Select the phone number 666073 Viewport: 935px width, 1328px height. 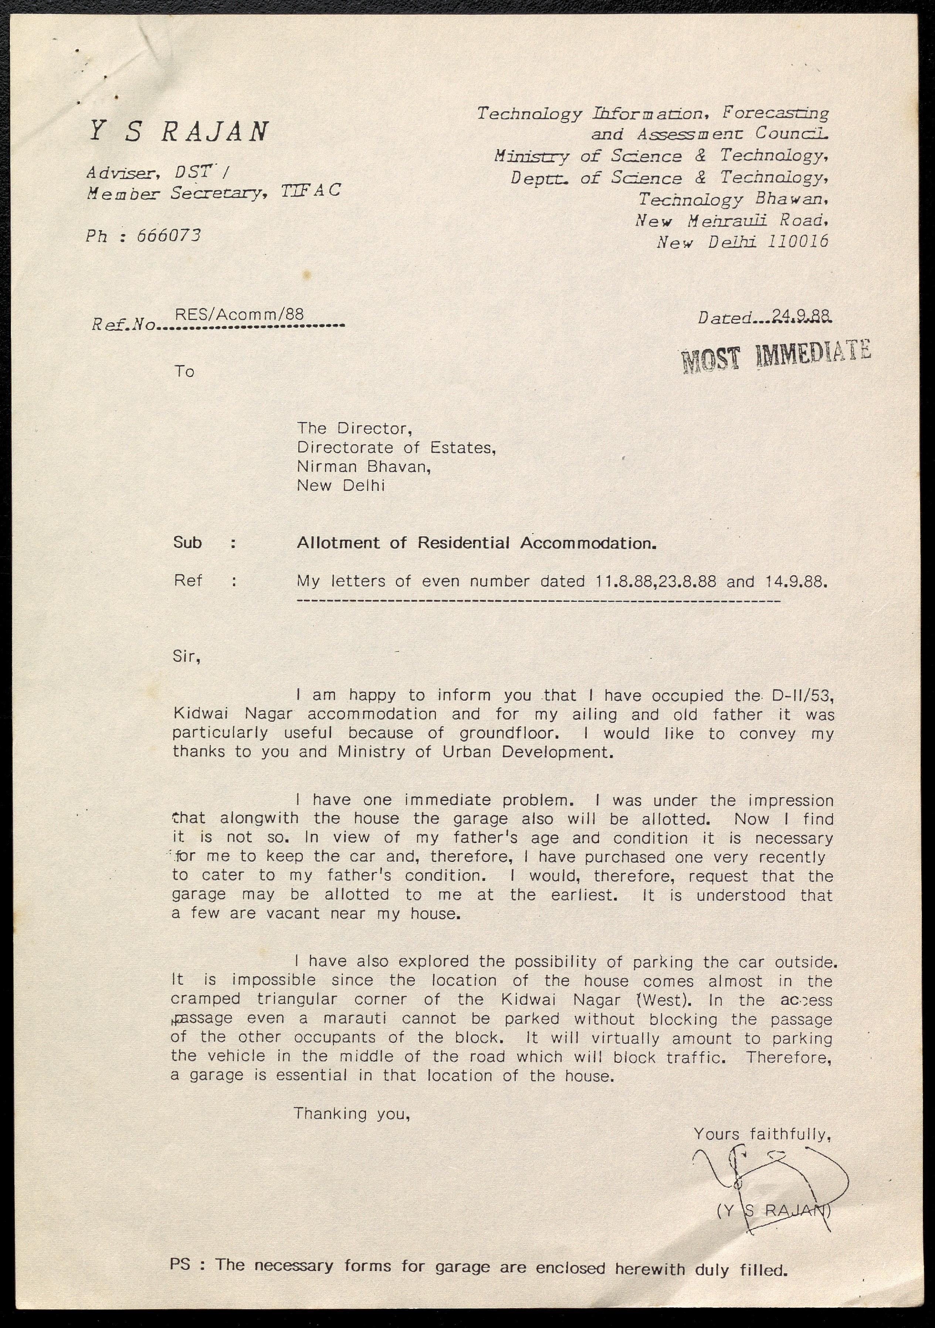169,235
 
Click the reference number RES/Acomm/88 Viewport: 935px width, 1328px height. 239,314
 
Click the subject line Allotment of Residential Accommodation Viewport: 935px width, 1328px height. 477,543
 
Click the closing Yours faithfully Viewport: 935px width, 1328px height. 762,1134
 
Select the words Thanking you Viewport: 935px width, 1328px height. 352,1114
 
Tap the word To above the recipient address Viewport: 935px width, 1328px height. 184,371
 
